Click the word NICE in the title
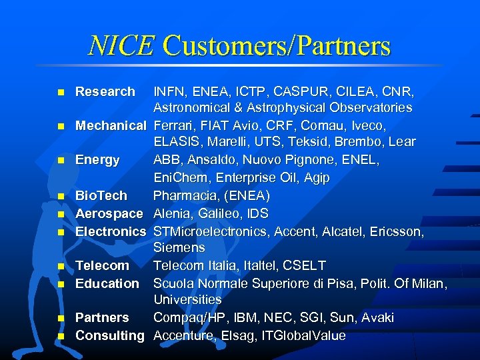pos(121,45)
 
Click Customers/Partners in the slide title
pos(277,45)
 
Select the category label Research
pos(105,91)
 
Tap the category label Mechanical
pos(111,125)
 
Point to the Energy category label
pos(97,160)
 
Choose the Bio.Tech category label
pos(101,196)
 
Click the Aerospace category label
pos(109,213)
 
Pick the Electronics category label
pos(111,231)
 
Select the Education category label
pos(107,283)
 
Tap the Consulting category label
pos(110,335)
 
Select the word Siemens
pos(179,248)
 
